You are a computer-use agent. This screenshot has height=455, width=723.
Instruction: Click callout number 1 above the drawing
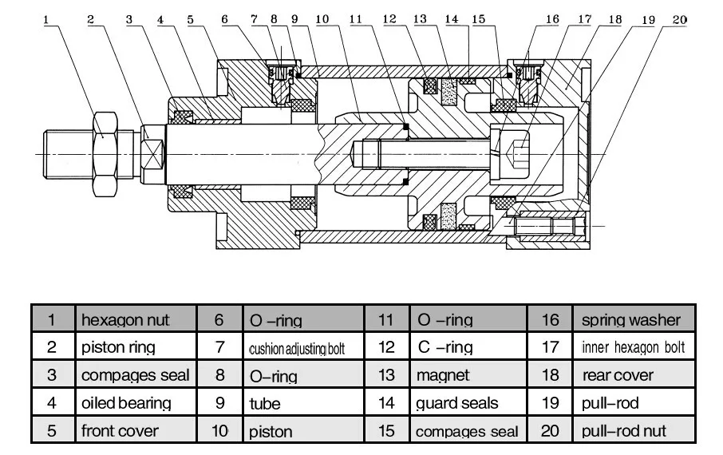point(46,20)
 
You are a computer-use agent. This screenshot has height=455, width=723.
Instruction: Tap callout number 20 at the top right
point(679,19)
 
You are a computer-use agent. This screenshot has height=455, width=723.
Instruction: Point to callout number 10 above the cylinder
point(322,19)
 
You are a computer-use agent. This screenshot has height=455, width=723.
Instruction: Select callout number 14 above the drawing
point(452,19)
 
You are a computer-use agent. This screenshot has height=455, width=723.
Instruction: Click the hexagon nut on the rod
point(105,154)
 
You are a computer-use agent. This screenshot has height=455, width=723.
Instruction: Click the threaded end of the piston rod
point(69,154)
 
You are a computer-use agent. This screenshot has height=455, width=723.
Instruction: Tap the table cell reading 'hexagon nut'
point(136,319)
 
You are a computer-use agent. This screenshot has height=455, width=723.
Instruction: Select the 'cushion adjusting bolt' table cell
point(303,347)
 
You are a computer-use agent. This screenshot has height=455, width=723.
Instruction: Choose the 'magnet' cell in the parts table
point(468,374)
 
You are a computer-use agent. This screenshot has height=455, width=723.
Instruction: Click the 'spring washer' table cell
point(634,319)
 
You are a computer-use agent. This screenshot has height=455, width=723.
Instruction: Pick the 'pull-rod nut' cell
point(634,430)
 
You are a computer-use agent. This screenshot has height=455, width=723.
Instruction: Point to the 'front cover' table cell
point(136,430)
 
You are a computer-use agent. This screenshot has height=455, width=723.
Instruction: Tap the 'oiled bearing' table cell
point(136,402)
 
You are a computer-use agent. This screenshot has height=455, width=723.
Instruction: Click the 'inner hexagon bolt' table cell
point(634,347)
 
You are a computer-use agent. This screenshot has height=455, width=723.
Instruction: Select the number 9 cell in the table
point(220,402)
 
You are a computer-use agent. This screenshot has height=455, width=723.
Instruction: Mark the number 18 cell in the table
point(550,374)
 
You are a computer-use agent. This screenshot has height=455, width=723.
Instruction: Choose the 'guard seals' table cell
point(468,402)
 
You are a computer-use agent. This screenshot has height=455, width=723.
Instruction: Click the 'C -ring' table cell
point(468,347)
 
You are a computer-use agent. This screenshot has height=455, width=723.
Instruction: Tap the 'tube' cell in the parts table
point(303,402)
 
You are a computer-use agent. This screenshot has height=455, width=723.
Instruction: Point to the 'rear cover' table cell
point(634,374)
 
